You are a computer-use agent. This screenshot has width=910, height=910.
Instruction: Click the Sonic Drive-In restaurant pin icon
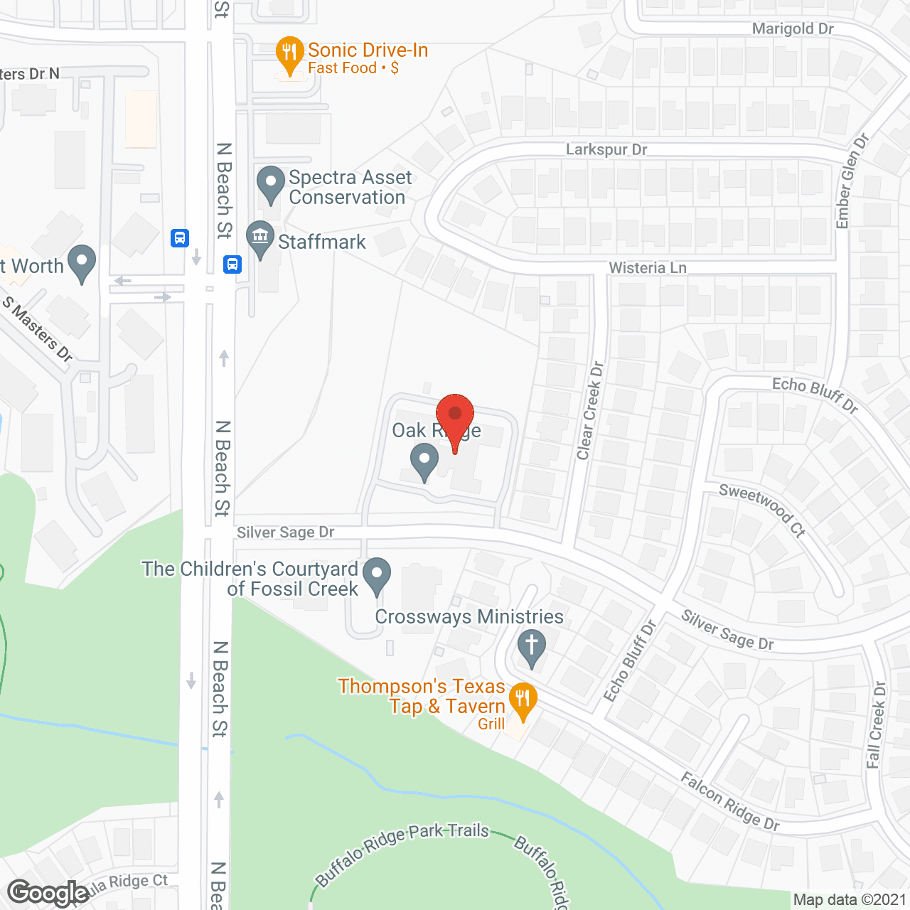289,54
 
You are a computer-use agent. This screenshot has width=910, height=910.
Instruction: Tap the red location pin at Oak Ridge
455,416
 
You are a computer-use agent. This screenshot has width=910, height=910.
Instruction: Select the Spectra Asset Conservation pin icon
270,183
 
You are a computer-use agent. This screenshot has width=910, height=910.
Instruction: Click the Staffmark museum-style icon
260,238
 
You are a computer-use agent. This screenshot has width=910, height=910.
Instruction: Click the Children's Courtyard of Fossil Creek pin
377,574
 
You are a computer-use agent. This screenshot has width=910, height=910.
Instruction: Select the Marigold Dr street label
793,29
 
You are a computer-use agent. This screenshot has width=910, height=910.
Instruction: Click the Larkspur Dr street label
606,149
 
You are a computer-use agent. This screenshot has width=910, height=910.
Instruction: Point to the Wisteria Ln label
648,268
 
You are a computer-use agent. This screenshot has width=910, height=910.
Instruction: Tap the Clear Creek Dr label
590,411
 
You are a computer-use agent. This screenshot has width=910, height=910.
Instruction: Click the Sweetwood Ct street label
761,510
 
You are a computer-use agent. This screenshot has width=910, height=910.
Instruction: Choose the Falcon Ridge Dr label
730,802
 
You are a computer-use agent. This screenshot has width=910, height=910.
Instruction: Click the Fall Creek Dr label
877,725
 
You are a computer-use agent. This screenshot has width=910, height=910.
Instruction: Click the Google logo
48,893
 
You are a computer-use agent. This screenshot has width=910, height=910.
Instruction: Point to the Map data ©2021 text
850,900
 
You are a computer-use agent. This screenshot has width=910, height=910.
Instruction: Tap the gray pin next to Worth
82,262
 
